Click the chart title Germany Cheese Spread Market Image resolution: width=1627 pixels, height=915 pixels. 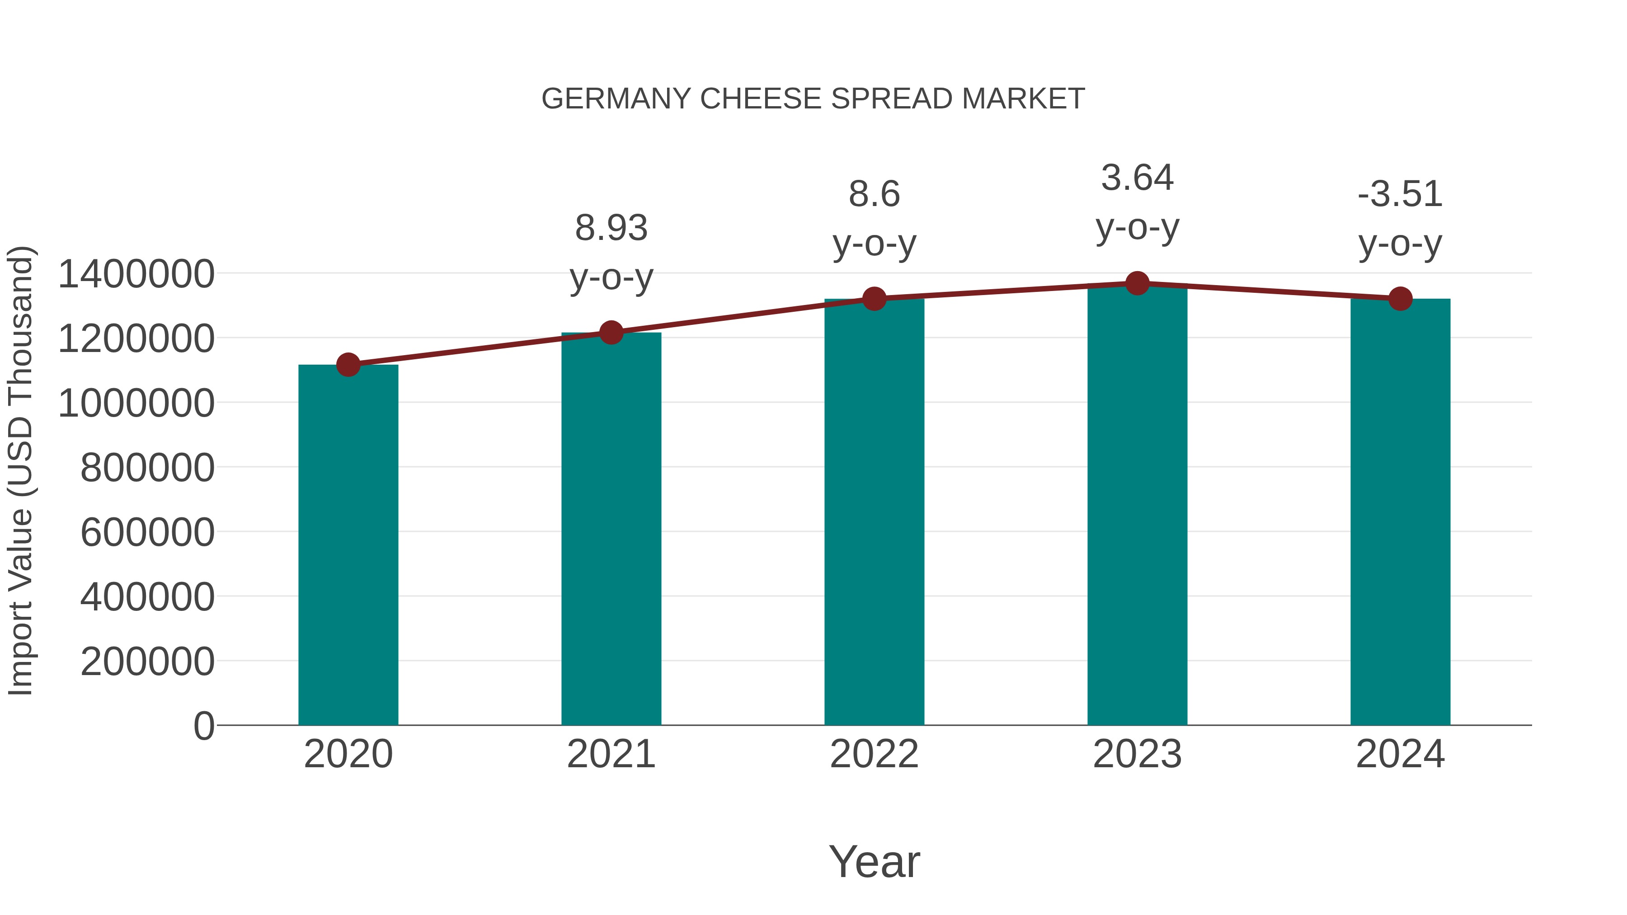pyautogui.click(x=813, y=99)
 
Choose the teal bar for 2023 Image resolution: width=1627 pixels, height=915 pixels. pyautogui.click(x=1137, y=505)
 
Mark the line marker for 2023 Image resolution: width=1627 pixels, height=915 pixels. pyautogui.click(x=1137, y=283)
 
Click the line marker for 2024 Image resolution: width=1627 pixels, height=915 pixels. pyautogui.click(x=1400, y=299)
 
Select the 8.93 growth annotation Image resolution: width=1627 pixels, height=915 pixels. pyautogui.click(x=611, y=229)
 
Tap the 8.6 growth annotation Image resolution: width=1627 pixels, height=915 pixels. pyautogui.click(x=874, y=194)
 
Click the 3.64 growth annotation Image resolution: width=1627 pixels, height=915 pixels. pyautogui.click(x=1137, y=178)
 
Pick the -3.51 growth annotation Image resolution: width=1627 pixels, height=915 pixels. pyautogui.click(x=1400, y=194)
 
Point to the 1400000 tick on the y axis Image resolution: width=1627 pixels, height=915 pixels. pyautogui.click(x=136, y=275)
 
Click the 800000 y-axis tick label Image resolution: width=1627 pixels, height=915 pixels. pyautogui.click(x=147, y=468)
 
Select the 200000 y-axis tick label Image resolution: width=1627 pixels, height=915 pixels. pyautogui.click(x=147, y=662)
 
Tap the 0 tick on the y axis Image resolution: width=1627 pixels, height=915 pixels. pyautogui.click(x=203, y=726)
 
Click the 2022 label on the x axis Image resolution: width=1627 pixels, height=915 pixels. pyautogui.click(x=874, y=754)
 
